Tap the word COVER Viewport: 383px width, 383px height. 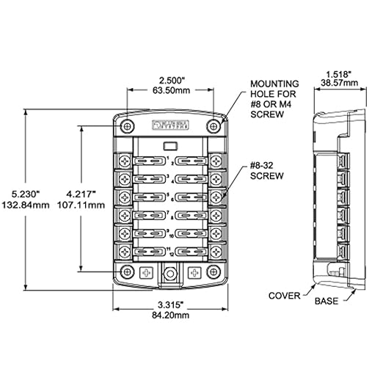[284, 296]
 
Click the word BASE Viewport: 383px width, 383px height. [327, 302]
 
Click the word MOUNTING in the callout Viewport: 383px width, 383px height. [271, 85]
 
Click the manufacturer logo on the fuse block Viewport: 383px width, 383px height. [172, 123]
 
